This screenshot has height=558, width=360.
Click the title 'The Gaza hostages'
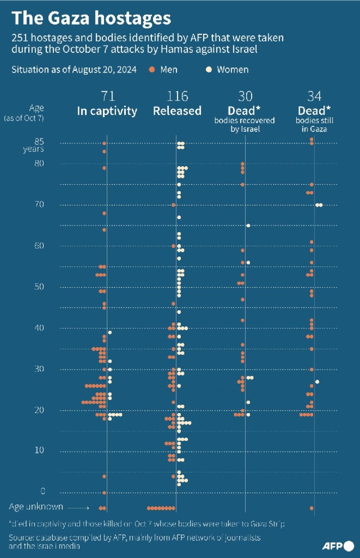pyautogui.click(x=91, y=19)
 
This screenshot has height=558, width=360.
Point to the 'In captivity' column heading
pyautogui.click(x=107, y=111)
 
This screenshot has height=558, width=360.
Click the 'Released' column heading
pyautogui.click(x=177, y=111)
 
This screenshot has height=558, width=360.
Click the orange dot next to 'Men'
pyautogui.click(x=152, y=70)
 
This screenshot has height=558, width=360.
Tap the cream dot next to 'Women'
pyautogui.click(x=209, y=70)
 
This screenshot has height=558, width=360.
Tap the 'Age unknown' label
pyautogui.click(x=36, y=507)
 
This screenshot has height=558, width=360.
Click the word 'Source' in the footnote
pyautogui.click(x=21, y=538)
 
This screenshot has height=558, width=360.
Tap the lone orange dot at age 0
pyautogui.click(x=104, y=493)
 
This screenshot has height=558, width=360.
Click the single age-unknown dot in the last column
pyautogui.click(x=312, y=508)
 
